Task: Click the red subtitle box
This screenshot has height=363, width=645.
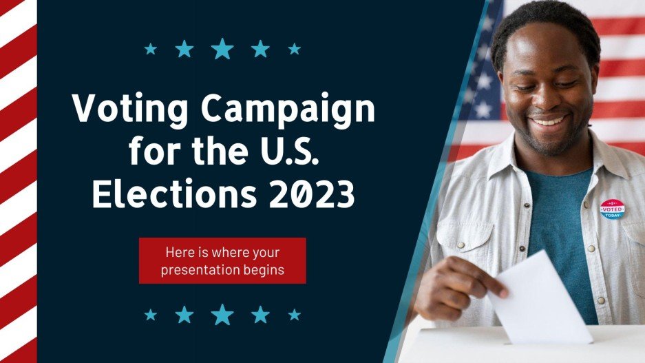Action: pyautogui.click(x=222, y=260)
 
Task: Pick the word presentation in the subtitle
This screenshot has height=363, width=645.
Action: pyautogui.click(x=202, y=270)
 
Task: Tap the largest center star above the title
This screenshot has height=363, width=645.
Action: pyautogui.click(x=222, y=48)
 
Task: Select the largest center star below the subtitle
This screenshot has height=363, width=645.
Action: pyautogui.click(x=222, y=314)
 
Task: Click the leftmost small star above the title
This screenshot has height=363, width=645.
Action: pyautogui.click(x=151, y=49)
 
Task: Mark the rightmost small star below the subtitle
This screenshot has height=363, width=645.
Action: pyautogui.click(x=294, y=314)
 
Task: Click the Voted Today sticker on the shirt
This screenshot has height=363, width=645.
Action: pyautogui.click(x=612, y=209)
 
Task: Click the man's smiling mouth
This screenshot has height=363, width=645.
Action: pyautogui.click(x=549, y=121)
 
